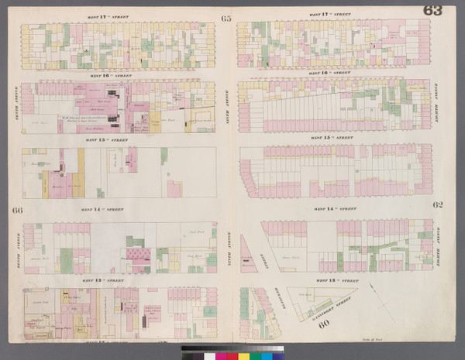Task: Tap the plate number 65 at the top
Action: pyautogui.click(x=226, y=18)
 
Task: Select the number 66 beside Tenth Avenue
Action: pyautogui.click(x=16, y=211)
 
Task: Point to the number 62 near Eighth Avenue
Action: pyautogui.click(x=438, y=204)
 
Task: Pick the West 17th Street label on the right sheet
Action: pyautogui.click(x=334, y=16)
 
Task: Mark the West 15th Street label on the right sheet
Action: pyautogui.click(x=334, y=139)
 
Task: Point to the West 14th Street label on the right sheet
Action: pyautogui.click(x=334, y=208)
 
